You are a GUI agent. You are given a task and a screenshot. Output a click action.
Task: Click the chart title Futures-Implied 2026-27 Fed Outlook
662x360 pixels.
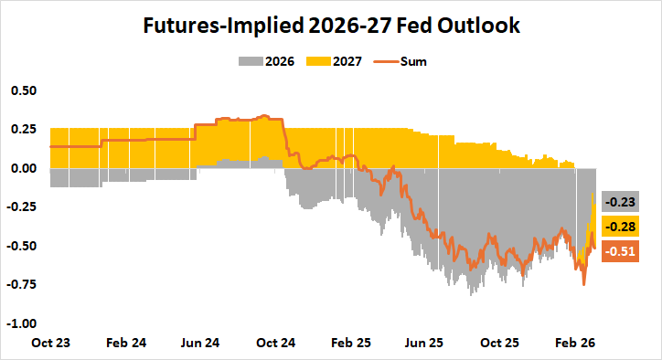[331, 26]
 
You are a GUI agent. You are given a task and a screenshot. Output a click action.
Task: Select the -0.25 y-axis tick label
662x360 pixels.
[21, 207]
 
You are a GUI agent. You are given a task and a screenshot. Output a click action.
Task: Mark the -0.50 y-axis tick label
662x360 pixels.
[21, 246]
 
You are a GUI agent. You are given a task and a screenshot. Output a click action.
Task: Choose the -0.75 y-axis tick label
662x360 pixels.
[21, 284]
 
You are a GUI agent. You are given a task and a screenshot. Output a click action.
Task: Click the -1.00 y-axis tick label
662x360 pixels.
[21, 323]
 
